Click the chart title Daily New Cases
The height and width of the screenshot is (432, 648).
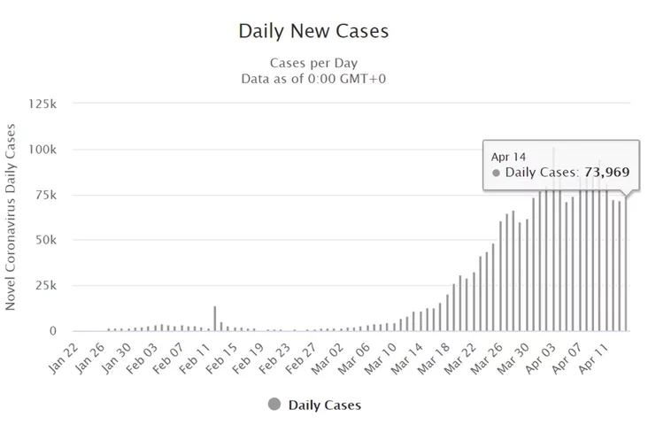[313, 32]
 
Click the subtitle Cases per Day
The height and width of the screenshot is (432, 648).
[313, 63]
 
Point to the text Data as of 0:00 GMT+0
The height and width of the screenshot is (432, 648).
[313, 78]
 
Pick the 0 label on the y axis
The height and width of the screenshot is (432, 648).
[53, 331]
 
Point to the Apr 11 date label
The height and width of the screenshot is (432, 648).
[597, 356]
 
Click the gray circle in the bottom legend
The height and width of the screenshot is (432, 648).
[274, 405]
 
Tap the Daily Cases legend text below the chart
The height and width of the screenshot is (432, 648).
[324, 405]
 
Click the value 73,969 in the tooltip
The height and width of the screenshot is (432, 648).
[606, 172]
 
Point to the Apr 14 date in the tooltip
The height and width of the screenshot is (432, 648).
[508, 157]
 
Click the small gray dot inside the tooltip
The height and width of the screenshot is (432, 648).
[496, 173]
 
